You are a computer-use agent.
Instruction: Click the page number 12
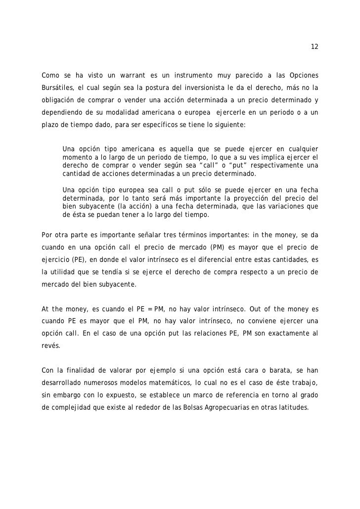315,47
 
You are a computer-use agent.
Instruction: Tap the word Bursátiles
57,88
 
